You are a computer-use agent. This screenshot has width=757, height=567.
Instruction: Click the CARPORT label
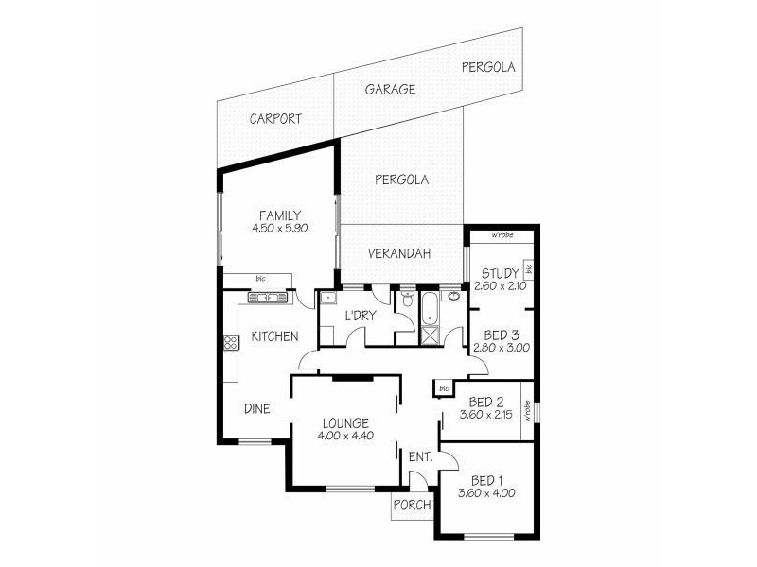(x=275, y=119)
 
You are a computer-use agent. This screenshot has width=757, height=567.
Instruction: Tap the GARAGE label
(x=390, y=91)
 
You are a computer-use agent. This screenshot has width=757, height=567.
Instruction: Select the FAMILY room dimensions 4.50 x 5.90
(x=280, y=229)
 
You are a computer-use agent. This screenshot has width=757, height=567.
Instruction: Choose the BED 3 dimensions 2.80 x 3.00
(x=501, y=348)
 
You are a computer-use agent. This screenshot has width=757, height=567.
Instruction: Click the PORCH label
(x=412, y=506)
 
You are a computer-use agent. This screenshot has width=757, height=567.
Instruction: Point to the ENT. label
(x=420, y=458)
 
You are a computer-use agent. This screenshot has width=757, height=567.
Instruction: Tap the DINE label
(x=257, y=409)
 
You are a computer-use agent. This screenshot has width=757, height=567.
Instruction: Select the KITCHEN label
(x=274, y=336)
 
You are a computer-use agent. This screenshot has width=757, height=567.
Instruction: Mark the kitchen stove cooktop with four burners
(x=229, y=344)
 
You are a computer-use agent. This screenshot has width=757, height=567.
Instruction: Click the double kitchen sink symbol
(x=270, y=298)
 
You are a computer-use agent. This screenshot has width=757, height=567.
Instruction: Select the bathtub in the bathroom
(x=430, y=307)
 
